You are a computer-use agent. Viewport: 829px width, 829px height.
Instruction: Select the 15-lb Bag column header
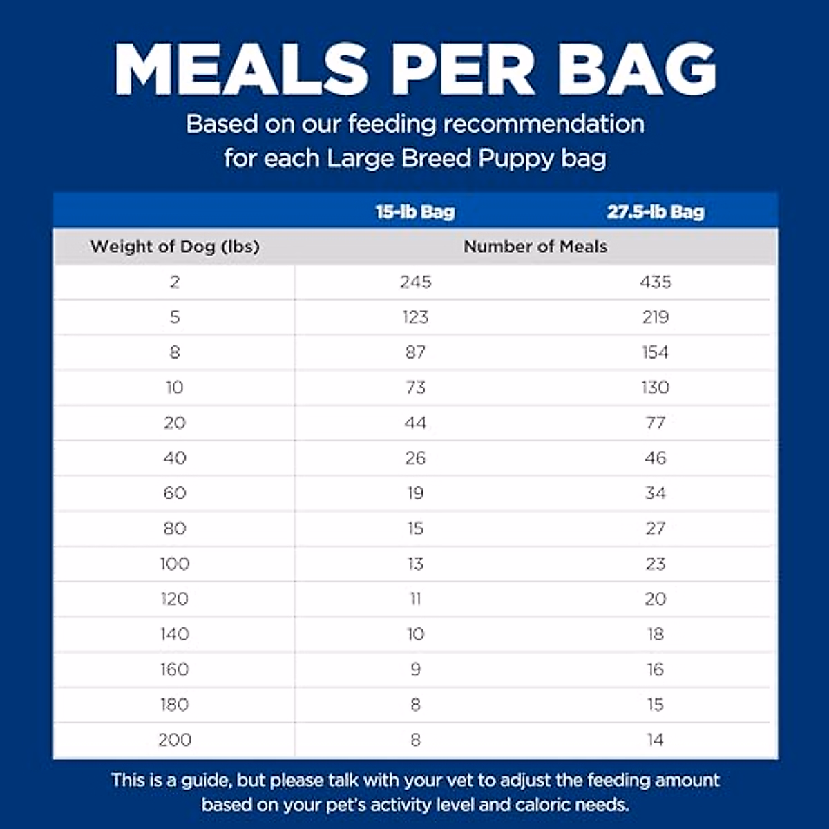click(415, 211)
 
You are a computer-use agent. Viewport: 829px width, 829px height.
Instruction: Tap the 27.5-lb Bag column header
click(656, 211)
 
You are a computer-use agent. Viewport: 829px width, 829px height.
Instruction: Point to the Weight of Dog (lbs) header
click(175, 247)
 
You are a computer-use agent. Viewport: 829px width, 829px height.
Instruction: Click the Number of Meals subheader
click(535, 247)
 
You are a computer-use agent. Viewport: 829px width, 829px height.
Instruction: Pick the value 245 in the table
click(415, 282)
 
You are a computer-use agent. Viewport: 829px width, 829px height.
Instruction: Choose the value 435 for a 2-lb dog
click(656, 282)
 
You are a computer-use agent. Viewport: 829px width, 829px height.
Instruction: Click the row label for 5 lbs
click(175, 317)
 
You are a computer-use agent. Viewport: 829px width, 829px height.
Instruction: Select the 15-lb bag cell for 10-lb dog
click(415, 388)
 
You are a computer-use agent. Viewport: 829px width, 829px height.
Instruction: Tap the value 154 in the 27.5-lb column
click(656, 352)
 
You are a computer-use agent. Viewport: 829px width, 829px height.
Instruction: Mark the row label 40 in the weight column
click(175, 458)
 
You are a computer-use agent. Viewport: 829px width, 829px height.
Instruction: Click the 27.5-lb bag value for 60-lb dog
click(656, 493)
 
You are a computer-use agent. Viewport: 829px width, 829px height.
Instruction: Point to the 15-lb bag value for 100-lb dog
click(415, 564)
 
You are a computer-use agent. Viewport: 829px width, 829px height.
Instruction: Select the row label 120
click(175, 599)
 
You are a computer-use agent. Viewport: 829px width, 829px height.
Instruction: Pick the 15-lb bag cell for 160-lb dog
click(415, 669)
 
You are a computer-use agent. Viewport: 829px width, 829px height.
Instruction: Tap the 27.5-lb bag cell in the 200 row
click(656, 740)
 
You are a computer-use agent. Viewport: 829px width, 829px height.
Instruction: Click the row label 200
click(175, 740)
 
